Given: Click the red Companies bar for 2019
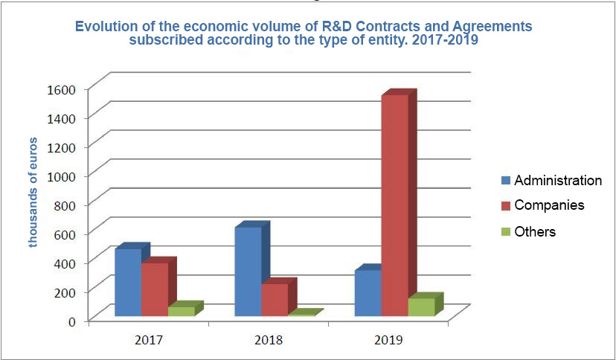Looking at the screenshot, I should (394, 205).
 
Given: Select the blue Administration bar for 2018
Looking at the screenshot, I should (248, 271).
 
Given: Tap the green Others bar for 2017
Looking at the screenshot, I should (181, 311).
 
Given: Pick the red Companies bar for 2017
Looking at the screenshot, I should (155, 289).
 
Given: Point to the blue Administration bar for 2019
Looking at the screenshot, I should (368, 293).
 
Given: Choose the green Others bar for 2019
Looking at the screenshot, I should (421, 306).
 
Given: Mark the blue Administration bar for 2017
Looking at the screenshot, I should (128, 283).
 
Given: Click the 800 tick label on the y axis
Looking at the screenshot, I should (65, 205).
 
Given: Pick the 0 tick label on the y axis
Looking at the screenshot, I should (71, 321).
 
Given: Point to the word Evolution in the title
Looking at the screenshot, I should (106, 27).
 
